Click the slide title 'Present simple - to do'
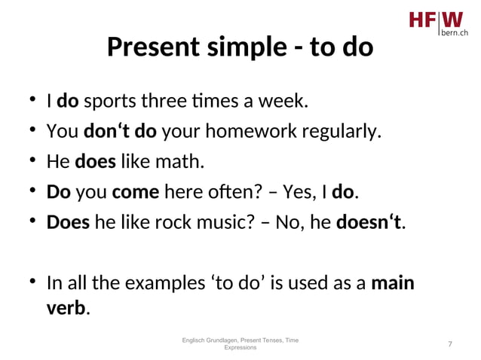[x=240, y=47]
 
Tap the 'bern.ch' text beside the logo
[x=453, y=34]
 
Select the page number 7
[x=450, y=344]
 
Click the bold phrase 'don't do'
[x=120, y=132]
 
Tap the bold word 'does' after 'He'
[x=90, y=162]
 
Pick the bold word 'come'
[x=135, y=192]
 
